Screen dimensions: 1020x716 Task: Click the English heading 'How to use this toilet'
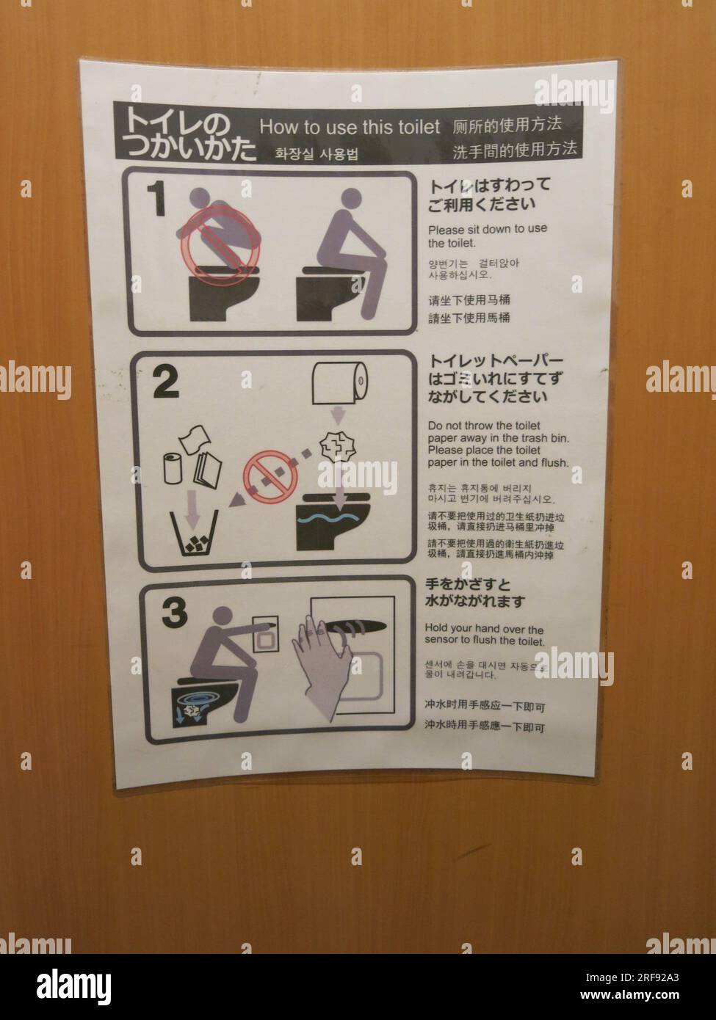(350, 127)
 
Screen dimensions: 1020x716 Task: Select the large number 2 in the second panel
(165, 382)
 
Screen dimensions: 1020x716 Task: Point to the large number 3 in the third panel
(174, 612)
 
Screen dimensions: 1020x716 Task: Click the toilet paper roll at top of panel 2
(339, 383)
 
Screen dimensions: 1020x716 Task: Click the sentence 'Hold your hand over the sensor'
(484, 635)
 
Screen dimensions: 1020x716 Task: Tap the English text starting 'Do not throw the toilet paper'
(497, 444)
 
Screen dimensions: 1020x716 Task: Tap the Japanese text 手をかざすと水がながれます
(475, 593)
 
